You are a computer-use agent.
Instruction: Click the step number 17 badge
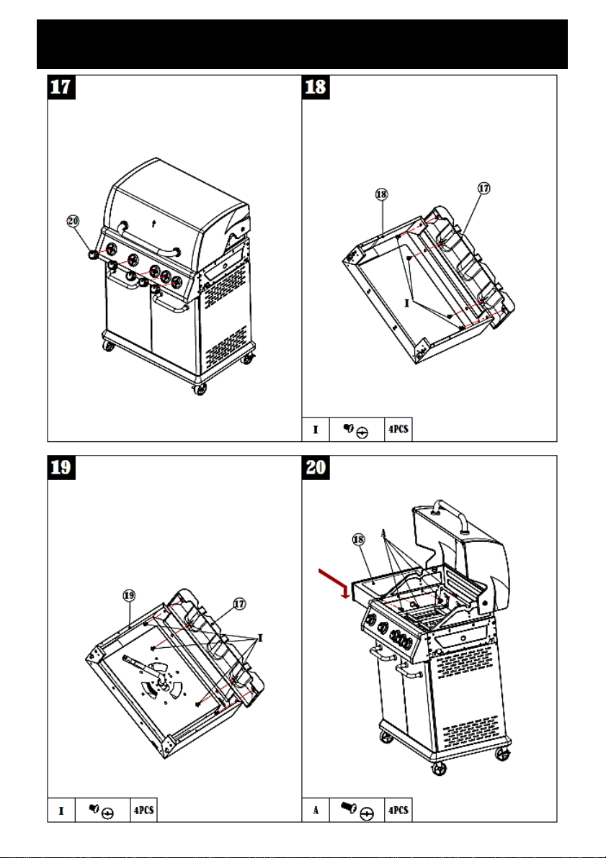[x=61, y=88]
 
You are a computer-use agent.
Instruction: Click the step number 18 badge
[x=316, y=88]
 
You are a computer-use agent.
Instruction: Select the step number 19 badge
[x=61, y=467]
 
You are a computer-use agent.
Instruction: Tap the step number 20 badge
[x=316, y=467]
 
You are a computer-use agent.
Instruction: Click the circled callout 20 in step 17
[x=73, y=221]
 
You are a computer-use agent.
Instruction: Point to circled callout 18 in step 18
[x=381, y=194]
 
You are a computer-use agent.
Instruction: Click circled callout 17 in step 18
[x=484, y=189]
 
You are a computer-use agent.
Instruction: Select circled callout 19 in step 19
[x=129, y=595]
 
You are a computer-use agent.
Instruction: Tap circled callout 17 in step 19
[x=239, y=604]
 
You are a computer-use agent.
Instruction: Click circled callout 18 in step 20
[x=358, y=540]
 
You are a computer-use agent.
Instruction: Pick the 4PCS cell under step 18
[x=398, y=430]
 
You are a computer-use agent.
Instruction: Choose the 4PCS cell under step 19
[x=143, y=810]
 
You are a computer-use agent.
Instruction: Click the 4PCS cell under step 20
[x=398, y=810]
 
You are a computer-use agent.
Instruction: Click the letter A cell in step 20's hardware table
[x=316, y=810]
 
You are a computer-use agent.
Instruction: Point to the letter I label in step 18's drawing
[x=406, y=303]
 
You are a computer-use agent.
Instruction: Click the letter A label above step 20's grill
[x=383, y=533]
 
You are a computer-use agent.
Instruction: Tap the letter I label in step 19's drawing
[x=261, y=638]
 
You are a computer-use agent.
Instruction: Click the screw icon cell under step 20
[x=357, y=810]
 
